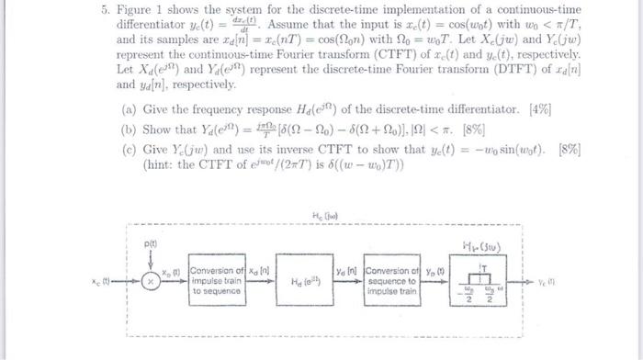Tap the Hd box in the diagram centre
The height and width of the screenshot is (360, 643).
307,281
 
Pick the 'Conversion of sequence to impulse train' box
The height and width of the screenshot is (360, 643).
390,280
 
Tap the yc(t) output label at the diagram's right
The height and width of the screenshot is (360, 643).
547,280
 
